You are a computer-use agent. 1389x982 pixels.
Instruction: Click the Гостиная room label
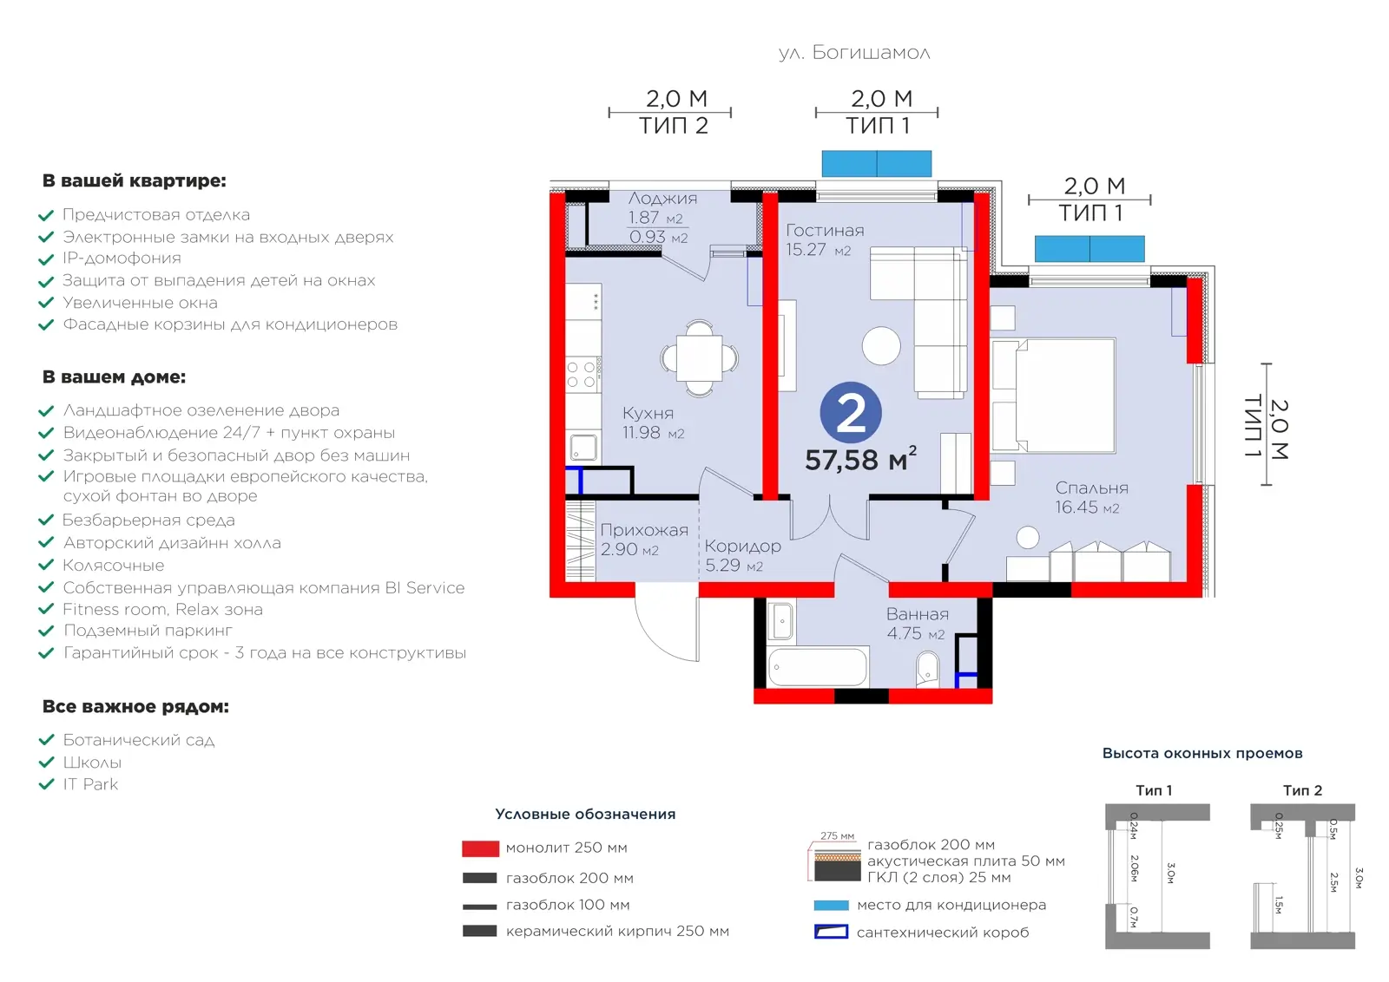[825, 231]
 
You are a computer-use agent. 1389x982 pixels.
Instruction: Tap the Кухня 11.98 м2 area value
[653, 433]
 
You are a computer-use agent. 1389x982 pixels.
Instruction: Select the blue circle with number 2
[851, 413]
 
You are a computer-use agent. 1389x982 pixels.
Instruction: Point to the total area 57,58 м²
[860, 459]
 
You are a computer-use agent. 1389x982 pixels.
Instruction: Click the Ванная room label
[917, 614]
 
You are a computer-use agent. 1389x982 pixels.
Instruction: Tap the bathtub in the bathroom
[817, 666]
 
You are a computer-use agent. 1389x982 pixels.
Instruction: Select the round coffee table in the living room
[881, 346]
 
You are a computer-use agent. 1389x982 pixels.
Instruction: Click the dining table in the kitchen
[700, 358]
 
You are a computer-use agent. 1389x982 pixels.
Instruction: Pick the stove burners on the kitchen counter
[582, 375]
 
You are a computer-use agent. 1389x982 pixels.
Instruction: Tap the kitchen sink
[583, 448]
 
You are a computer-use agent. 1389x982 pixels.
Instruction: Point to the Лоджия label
[662, 199]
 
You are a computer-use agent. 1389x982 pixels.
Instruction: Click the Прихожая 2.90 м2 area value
[629, 549]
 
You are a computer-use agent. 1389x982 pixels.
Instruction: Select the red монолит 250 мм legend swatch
[481, 848]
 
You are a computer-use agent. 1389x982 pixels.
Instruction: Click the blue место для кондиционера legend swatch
[831, 905]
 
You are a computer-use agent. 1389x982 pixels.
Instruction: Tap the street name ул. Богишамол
[854, 53]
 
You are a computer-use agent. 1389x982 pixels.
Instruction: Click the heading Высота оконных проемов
[1201, 753]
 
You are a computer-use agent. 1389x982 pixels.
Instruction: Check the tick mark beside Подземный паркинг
[47, 632]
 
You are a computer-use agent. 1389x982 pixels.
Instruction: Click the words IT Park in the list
[90, 784]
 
